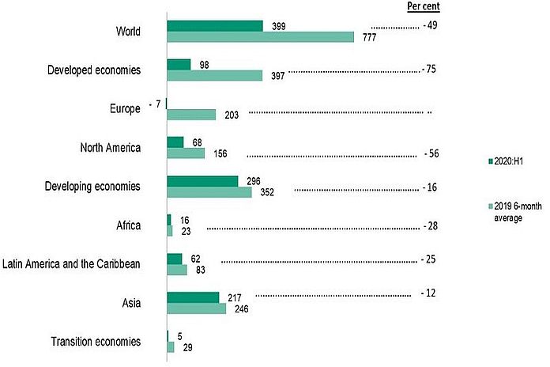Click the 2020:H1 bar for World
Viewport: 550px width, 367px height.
215,26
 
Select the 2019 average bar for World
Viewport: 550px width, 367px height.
261,37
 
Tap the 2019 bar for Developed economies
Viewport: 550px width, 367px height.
214,76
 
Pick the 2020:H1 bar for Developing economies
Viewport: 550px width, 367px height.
202,181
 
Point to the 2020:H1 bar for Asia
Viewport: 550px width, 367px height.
193,297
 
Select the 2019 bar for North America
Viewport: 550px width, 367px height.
186,153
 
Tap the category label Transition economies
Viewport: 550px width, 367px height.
96,342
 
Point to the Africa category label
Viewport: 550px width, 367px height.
128,226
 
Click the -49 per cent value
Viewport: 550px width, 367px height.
431,26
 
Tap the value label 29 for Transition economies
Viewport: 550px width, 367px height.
186,348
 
